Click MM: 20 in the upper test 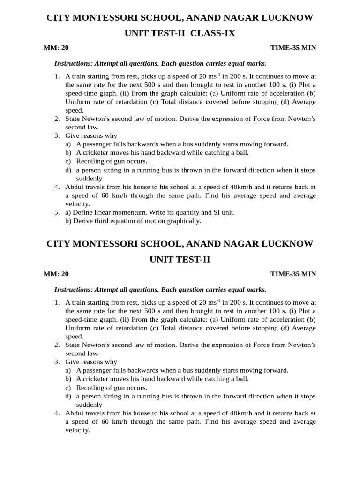coord(56,48)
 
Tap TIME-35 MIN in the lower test coord(293,274)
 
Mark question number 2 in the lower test coord(56,345)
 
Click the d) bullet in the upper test coord(68,170)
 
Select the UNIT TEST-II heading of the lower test coord(180,259)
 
